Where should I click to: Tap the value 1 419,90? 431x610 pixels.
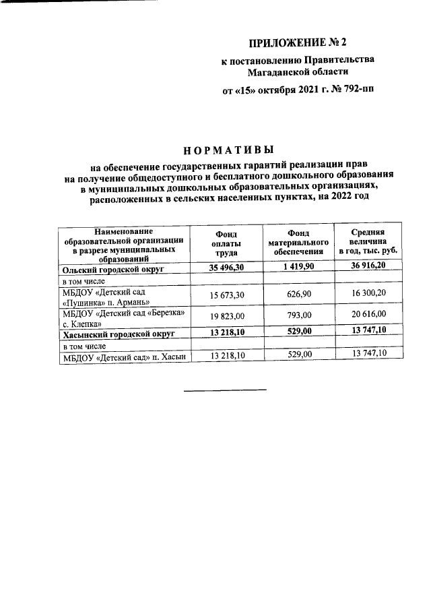[298, 268]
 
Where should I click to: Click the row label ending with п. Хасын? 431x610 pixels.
[123, 357]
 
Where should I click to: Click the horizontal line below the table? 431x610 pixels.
[226, 390]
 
